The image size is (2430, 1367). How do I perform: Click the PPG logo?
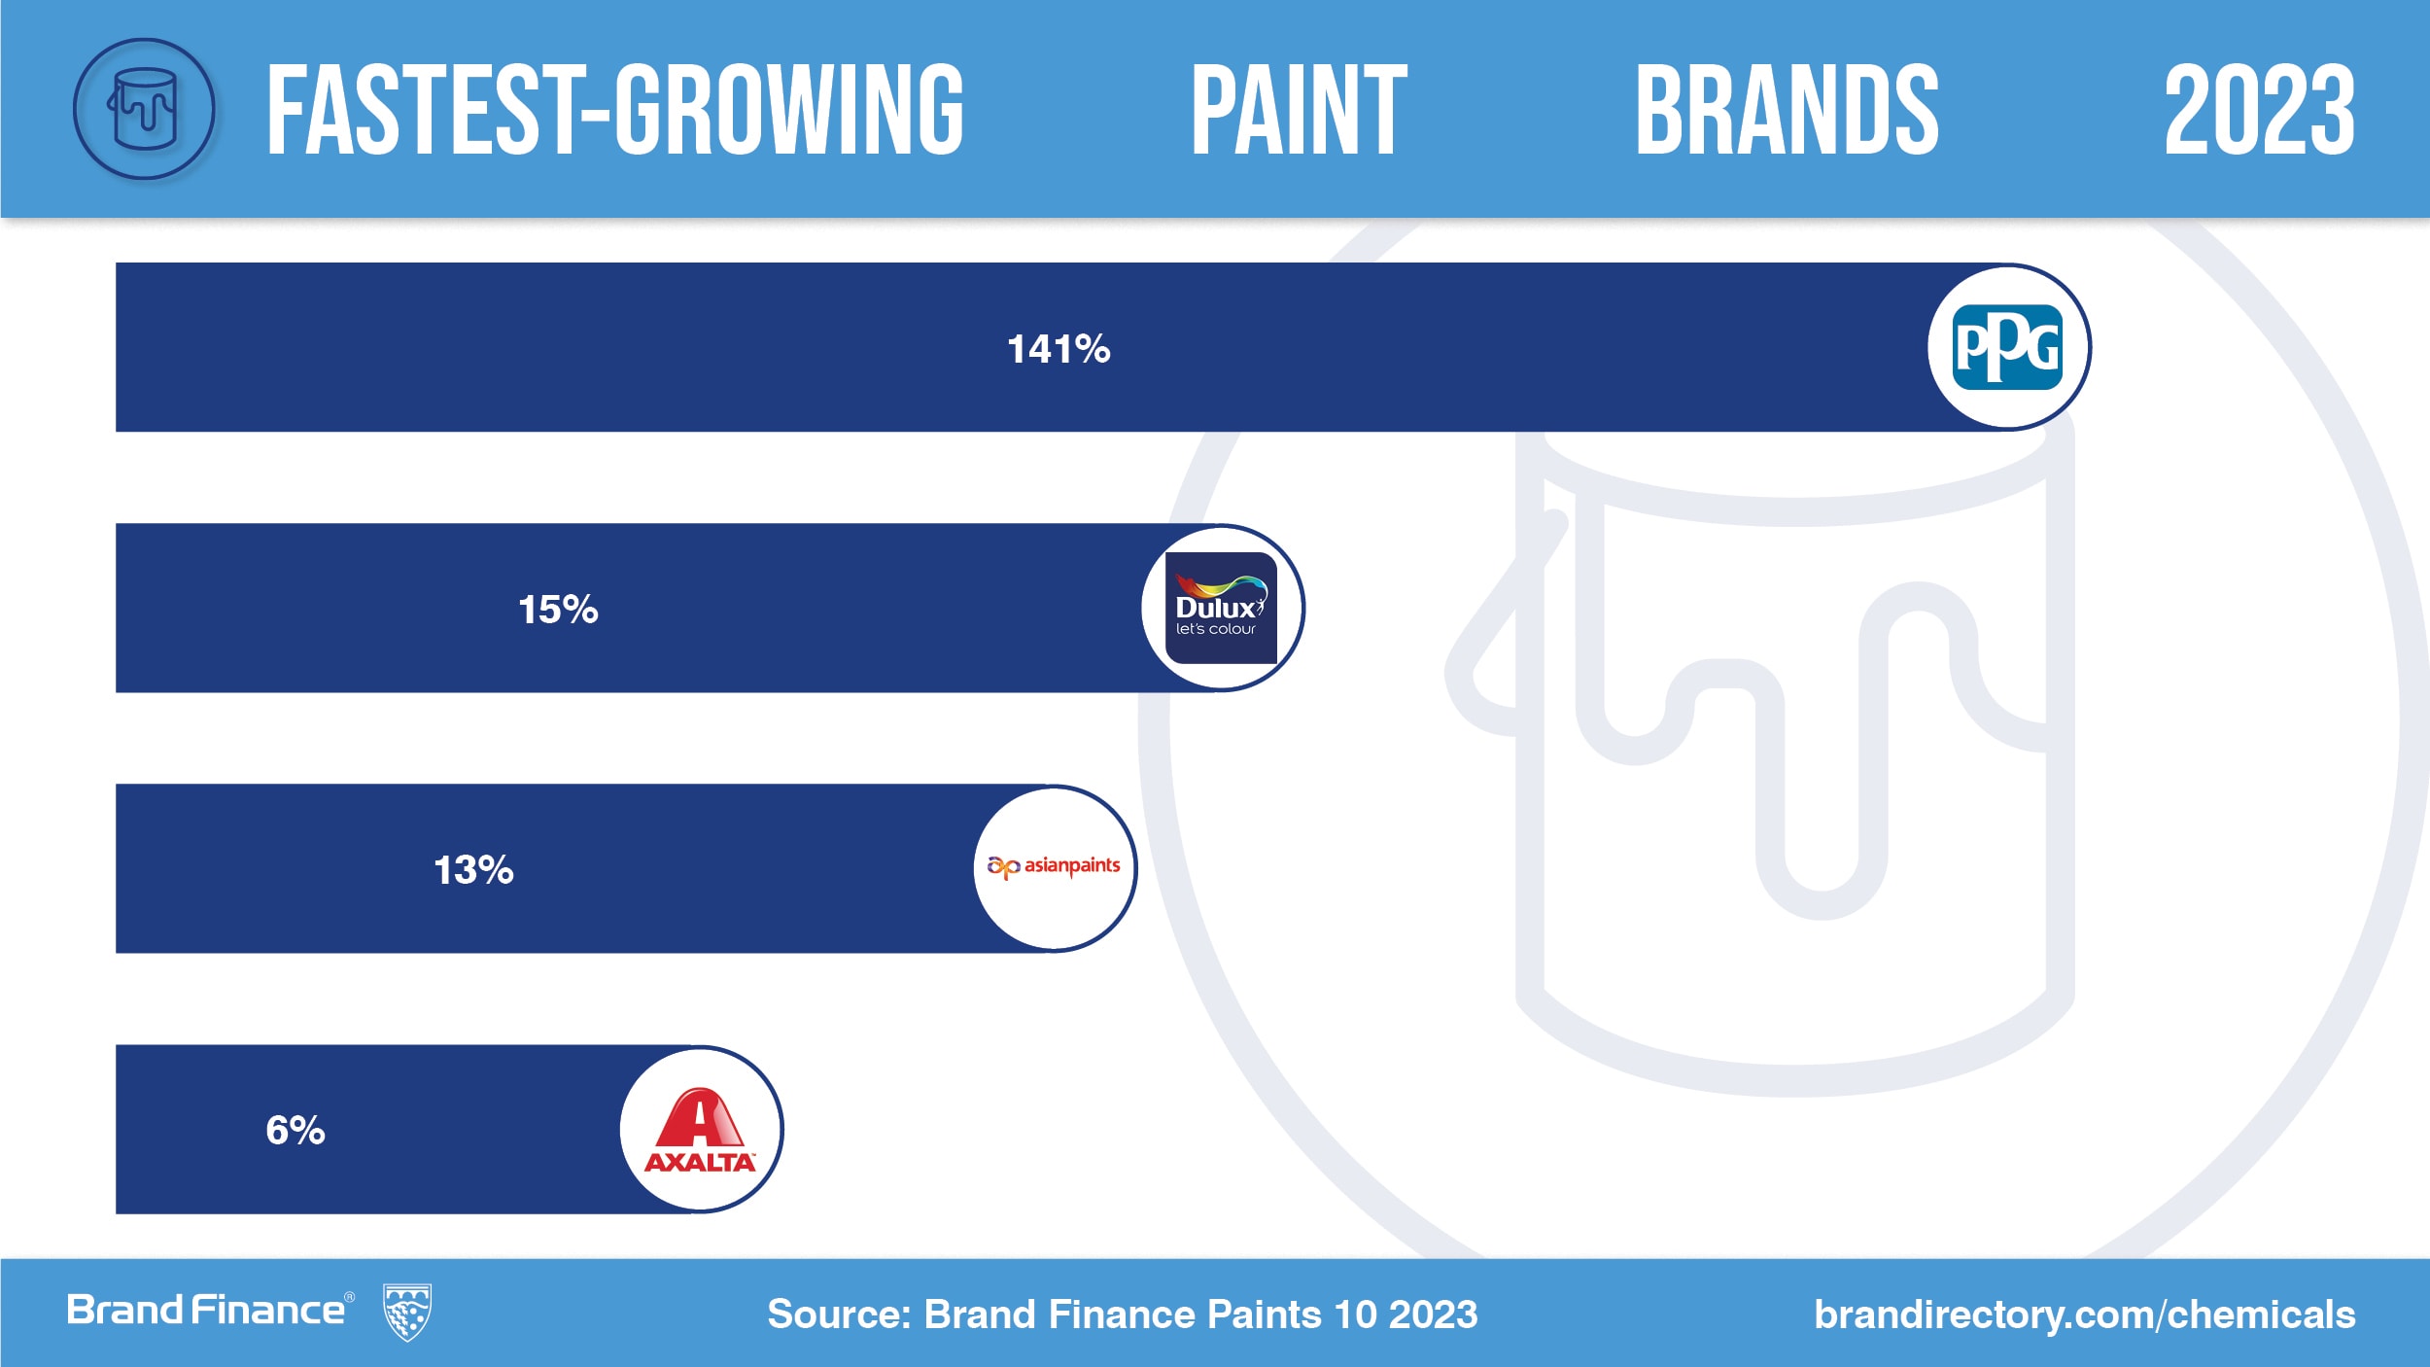(2008, 347)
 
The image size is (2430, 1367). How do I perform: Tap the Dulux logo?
(1221, 608)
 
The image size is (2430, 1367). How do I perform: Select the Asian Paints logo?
(1055, 866)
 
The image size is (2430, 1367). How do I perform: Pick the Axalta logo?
(700, 1129)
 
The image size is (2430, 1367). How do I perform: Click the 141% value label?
(1059, 349)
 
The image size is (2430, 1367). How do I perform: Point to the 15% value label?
(558, 610)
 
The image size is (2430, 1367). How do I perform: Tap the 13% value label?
(473, 870)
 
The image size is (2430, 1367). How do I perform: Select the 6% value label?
(295, 1131)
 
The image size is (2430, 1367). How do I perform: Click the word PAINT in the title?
(1299, 110)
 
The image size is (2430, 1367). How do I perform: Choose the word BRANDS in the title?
(1787, 110)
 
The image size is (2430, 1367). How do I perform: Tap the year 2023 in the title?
(2259, 110)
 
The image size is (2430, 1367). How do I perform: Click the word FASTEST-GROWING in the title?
(615, 110)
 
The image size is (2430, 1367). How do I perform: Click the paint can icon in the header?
(144, 109)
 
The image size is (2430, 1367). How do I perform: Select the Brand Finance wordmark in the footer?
(205, 1311)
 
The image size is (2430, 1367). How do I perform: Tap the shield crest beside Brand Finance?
(407, 1313)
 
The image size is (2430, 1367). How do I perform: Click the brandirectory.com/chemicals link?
(2084, 1314)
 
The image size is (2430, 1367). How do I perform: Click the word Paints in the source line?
(1264, 1314)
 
